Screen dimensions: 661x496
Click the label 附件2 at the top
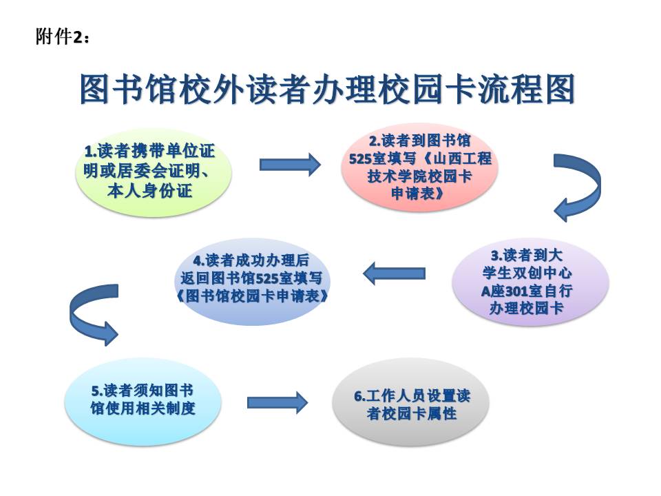click(63, 37)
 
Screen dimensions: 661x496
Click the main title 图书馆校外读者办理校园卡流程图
click(328, 90)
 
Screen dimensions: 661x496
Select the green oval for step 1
click(154, 172)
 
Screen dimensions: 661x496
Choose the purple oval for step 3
click(530, 281)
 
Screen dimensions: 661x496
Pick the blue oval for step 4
click(252, 281)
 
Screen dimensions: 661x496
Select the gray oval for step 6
click(411, 404)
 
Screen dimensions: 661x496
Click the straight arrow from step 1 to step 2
click(290, 164)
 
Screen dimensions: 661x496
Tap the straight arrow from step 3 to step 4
click(394, 273)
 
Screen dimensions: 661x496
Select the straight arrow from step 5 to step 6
click(277, 402)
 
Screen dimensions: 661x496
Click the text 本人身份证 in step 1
click(149, 191)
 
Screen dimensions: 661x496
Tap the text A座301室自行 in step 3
click(527, 291)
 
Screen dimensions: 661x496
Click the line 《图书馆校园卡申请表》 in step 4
click(252, 296)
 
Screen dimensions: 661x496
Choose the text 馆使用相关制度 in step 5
click(143, 409)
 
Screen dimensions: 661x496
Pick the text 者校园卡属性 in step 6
click(412, 413)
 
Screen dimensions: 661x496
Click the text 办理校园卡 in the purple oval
click(527, 309)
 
